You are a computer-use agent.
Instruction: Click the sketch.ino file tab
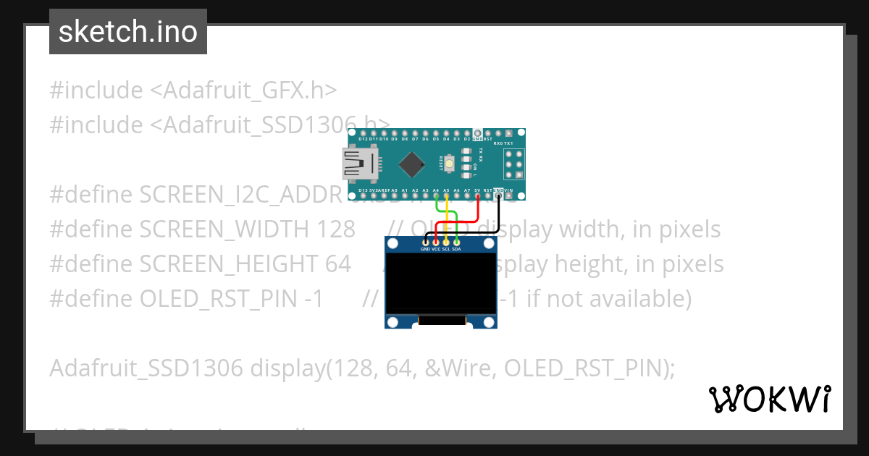pos(128,32)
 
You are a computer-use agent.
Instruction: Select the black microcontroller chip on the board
pos(412,164)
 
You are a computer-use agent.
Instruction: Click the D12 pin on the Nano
pos(363,134)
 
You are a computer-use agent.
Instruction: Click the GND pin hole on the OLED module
pos(425,242)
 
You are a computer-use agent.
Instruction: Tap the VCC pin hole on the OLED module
pos(436,242)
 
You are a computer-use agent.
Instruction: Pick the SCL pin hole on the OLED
pos(446,242)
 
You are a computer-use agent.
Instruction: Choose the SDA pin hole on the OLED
pos(456,242)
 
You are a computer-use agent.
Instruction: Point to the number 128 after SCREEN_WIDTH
pos(335,229)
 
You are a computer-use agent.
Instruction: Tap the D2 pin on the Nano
pos(467,134)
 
